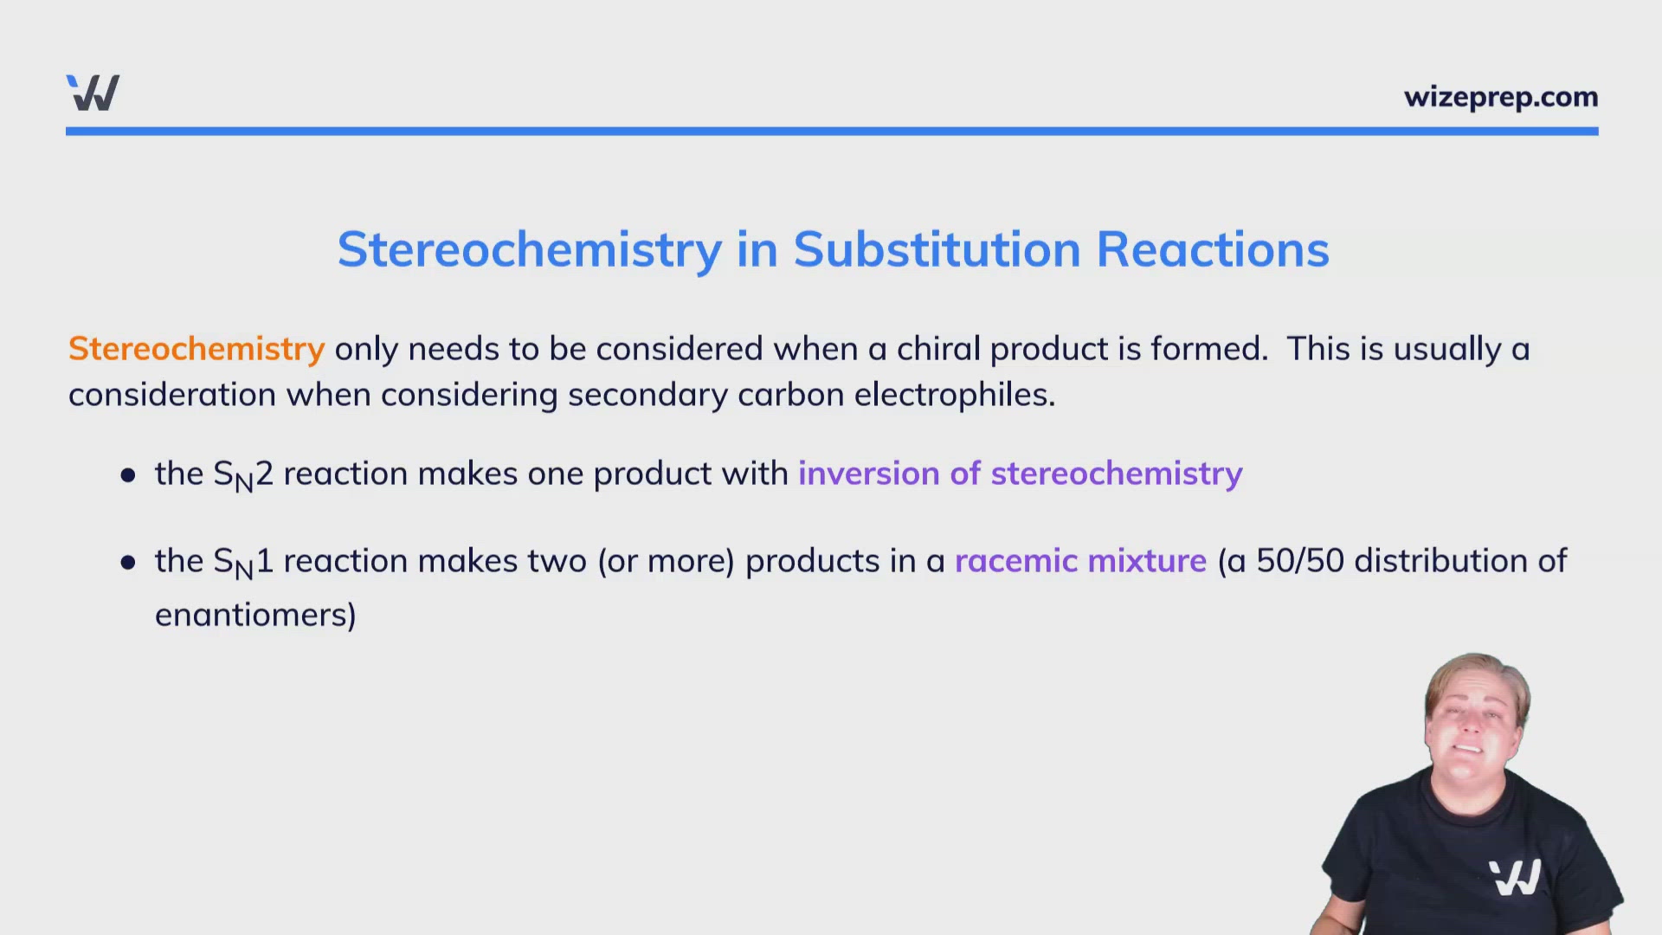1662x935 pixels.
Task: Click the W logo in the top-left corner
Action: [93, 93]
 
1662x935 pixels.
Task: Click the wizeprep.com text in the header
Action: [1500, 97]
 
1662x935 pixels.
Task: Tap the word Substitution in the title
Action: [937, 250]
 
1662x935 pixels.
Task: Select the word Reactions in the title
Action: [1212, 250]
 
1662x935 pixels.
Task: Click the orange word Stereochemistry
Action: [196, 349]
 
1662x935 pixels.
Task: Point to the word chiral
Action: [937, 349]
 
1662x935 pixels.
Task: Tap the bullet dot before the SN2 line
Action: [128, 475]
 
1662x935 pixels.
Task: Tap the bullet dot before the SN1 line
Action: [128, 563]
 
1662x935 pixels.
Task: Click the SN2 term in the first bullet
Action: [242, 475]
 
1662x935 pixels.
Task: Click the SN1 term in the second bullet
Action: [242, 563]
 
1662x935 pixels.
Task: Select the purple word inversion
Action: [868, 474]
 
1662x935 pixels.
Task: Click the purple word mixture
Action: [1147, 561]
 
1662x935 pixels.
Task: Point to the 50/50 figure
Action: [1300, 561]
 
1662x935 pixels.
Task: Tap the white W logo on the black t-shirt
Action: [1515, 877]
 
